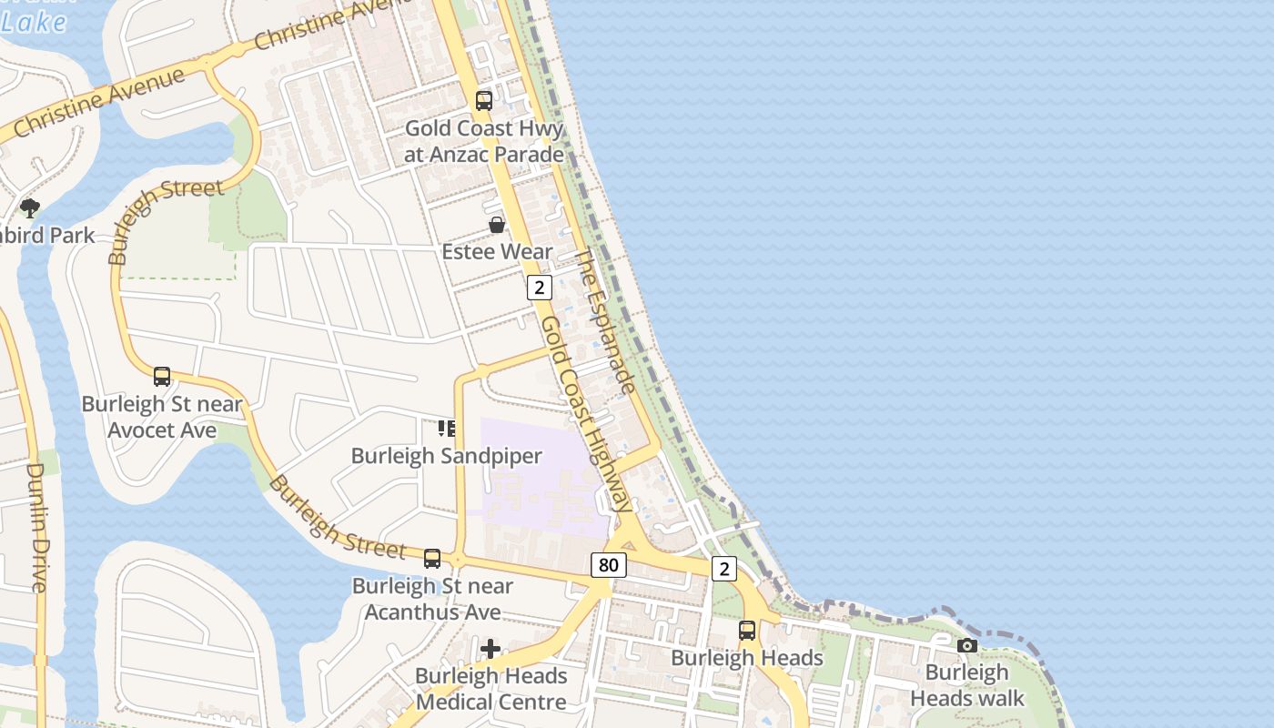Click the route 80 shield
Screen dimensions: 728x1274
tap(608, 565)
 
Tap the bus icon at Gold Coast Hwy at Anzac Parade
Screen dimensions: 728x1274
tap(484, 101)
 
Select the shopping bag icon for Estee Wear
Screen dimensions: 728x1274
tap(497, 225)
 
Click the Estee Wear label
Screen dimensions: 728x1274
tap(497, 251)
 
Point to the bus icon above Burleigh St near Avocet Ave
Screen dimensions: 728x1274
tap(162, 377)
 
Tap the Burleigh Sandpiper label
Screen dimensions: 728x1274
tap(446, 456)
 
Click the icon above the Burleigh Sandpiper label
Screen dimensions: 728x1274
tap(446, 428)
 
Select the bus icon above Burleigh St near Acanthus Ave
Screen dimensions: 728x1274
tap(432, 559)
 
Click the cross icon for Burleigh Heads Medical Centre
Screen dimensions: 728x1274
tap(490, 649)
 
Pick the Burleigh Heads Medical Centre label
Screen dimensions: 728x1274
tap(490, 689)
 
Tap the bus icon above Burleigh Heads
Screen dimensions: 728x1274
tap(747, 630)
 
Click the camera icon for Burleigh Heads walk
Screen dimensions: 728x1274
tap(967, 646)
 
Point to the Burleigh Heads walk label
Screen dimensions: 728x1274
tap(967, 685)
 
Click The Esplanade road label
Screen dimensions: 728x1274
tap(605, 321)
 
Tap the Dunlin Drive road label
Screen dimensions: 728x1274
tap(37, 528)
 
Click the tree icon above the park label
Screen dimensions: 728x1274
tap(30, 208)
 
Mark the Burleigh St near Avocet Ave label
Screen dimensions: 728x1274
tap(162, 417)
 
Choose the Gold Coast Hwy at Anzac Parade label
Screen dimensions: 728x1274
tap(484, 141)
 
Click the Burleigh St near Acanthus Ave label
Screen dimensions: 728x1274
tap(432, 599)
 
